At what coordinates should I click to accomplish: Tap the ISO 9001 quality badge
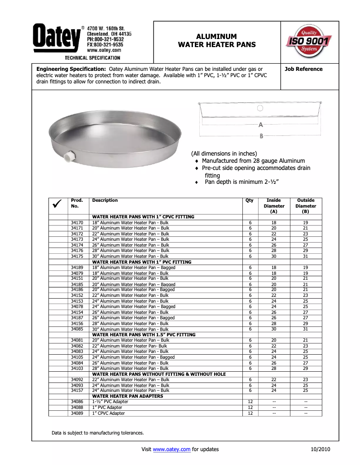click(309, 41)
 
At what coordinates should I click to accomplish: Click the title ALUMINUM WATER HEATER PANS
click(217, 40)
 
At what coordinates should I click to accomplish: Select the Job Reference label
click(303, 69)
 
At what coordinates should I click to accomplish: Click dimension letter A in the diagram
click(260, 124)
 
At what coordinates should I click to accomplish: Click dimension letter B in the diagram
click(261, 135)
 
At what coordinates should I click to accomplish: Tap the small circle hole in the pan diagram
click(260, 108)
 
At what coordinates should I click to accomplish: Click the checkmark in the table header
click(57, 205)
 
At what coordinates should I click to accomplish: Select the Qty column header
click(249, 200)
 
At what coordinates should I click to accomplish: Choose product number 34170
click(77, 223)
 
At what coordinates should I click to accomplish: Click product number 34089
click(77, 413)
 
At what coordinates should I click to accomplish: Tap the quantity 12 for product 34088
click(251, 408)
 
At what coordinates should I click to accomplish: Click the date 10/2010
click(320, 449)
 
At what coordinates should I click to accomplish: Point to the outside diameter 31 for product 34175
click(305, 256)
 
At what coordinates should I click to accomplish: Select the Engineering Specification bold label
click(71, 69)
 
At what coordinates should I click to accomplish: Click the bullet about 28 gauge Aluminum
click(253, 161)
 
